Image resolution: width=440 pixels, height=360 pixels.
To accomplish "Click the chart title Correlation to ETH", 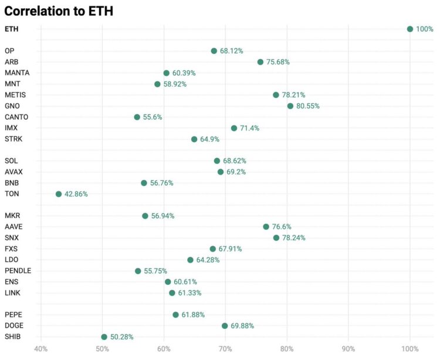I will tap(59, 11).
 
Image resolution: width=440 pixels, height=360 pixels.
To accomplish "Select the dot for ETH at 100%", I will tap(410, 29).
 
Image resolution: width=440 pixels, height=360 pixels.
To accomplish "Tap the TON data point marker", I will tap(59, 194).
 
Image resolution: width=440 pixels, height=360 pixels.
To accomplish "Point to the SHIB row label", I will tap(13, 337).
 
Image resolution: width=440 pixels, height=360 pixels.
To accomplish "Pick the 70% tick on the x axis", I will tap(225, 349).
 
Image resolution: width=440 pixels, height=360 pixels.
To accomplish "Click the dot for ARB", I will tap(260, 62).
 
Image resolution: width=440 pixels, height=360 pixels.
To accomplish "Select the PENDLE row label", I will tap(18, 271).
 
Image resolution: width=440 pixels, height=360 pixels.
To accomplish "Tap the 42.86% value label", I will tap(76, 194).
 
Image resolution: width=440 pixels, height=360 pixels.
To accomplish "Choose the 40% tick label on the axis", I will tap(40, 349).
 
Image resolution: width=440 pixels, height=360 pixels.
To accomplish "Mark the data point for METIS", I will tap(276, 95).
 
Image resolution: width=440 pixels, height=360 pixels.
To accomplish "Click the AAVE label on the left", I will tap(13, 227).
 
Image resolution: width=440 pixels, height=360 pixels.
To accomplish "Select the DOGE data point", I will tap(225, 326).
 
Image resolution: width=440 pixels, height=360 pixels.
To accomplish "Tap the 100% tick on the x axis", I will tap(409, 349).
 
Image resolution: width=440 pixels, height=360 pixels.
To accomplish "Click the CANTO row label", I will tap(16, 117).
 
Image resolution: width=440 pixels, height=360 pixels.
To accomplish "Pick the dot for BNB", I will tap(144, 183).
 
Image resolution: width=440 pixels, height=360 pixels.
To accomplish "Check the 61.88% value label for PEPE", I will tap(193, 315).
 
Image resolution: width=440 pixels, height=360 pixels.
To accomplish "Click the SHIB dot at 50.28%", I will tap(104, 337).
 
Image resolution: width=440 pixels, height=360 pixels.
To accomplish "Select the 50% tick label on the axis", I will tap(102, 349).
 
